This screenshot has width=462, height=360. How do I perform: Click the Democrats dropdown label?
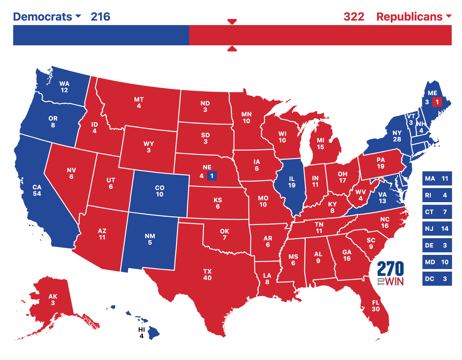coord(47,17)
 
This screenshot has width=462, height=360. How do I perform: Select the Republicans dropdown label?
coord(413,17)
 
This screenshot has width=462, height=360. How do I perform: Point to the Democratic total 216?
coord(100,17)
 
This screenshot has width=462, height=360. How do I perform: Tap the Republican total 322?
coord(354,17)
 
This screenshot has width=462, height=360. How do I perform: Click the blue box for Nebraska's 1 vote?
coord(212,176)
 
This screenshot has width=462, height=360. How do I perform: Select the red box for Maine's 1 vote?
coord(437,102)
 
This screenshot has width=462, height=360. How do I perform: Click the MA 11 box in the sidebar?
coord(437,178)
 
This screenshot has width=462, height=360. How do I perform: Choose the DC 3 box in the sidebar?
coord(437,279)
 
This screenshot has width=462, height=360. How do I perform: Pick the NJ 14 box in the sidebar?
coord(437,229)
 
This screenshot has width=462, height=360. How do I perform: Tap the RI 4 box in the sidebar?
coord(437,195)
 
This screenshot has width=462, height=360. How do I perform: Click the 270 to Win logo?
coord(391,273)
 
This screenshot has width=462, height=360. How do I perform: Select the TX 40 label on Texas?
coord(208,274)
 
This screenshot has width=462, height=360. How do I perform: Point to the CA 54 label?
coord(37,190)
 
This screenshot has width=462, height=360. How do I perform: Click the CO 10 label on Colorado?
coord(160,191)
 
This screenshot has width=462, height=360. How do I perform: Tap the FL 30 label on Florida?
coord(376,306)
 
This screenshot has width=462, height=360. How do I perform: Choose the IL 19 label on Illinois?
coord(292,182)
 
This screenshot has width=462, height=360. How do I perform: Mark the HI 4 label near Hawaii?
coord(142,333)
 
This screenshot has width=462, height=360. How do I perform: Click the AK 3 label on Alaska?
coord(53,300)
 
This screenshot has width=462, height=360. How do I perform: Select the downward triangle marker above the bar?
coord(232,22)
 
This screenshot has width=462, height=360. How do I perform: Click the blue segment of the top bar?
coord(101,35)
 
